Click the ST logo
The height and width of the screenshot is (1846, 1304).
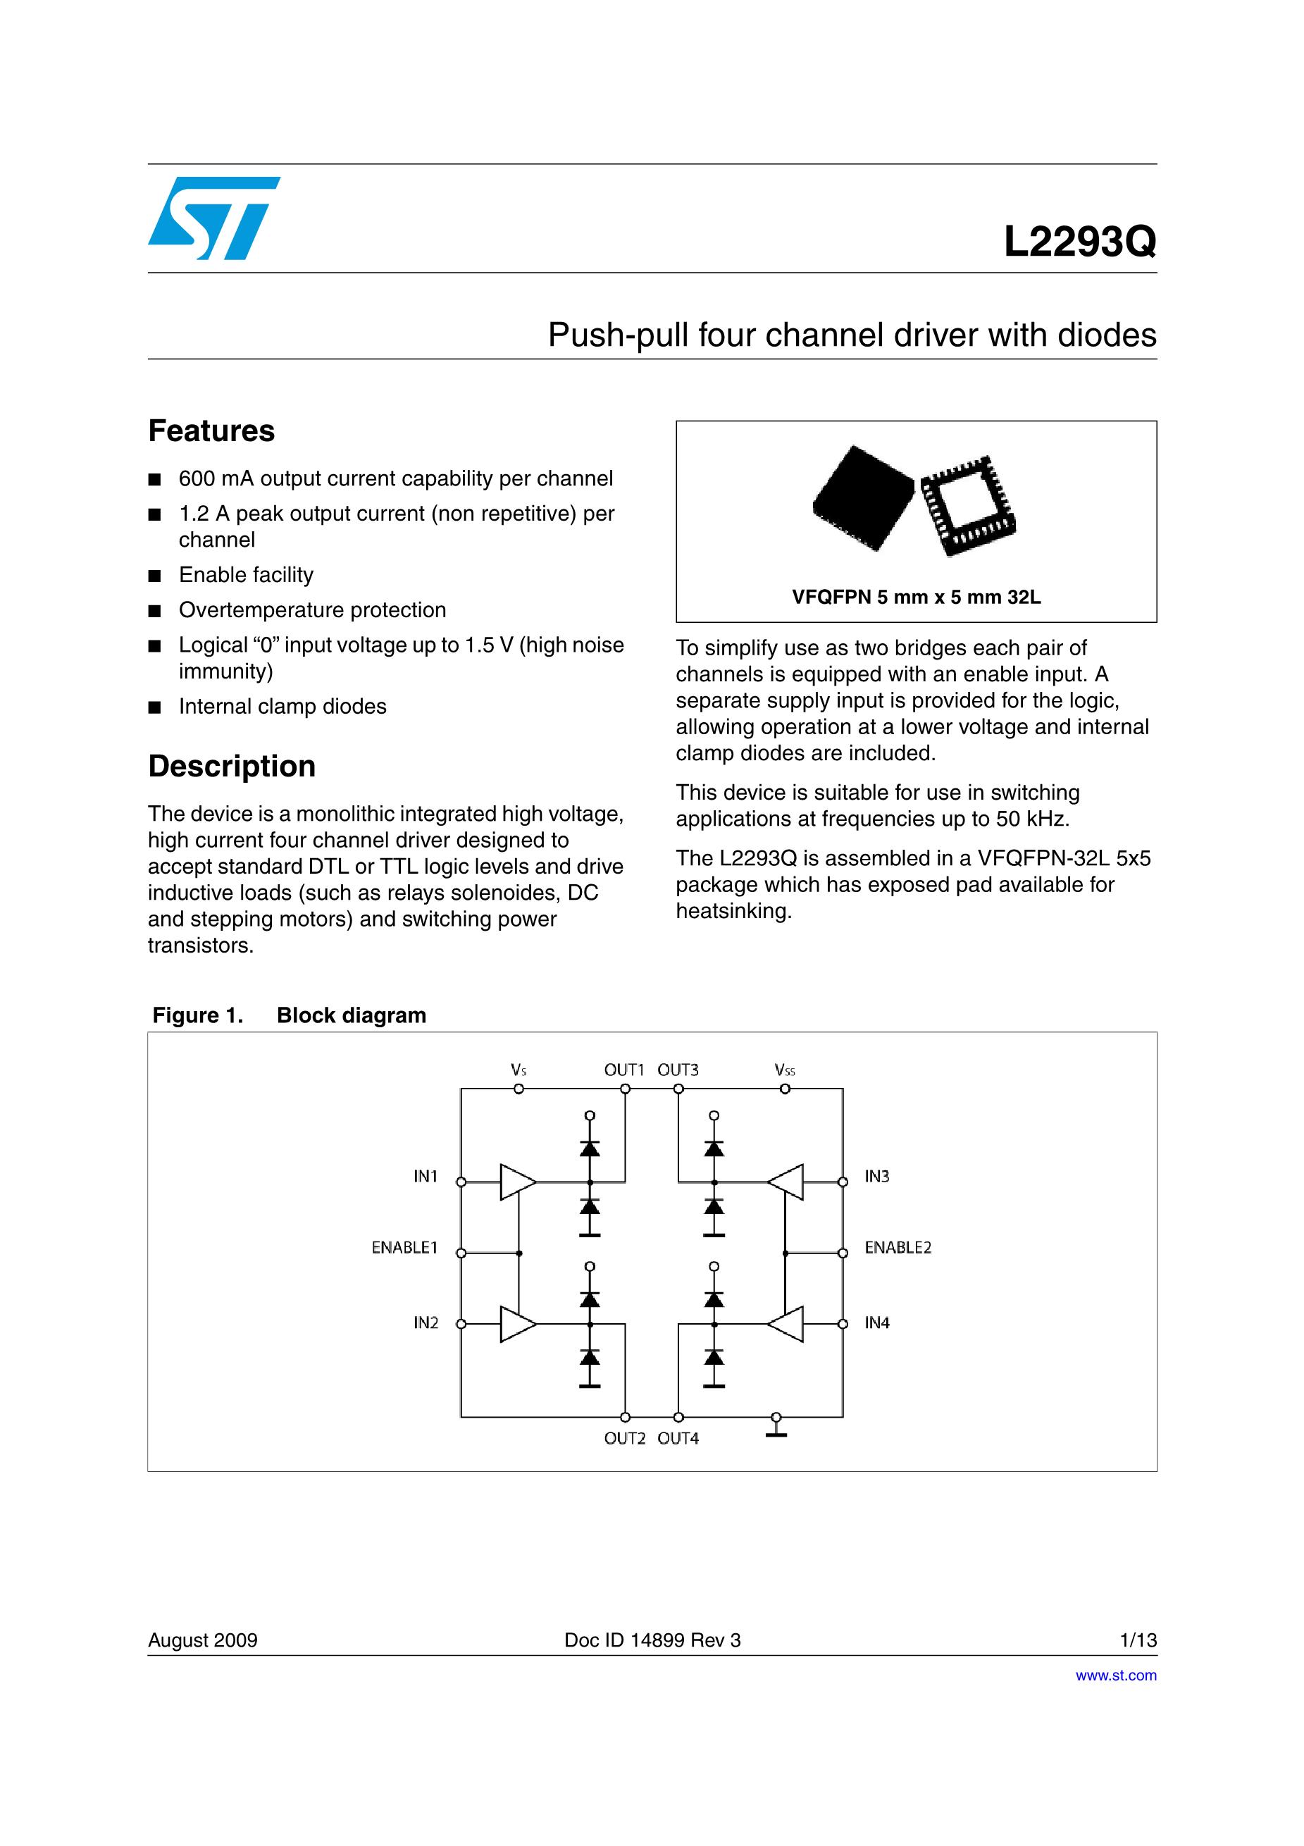213,218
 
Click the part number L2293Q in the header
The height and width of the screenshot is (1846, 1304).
1080,241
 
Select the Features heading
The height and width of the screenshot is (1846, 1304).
211,431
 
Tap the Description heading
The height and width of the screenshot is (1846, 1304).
232,766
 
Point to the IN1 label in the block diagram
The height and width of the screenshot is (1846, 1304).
426,1176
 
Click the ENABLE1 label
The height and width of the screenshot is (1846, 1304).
404,1248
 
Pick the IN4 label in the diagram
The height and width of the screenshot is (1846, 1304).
877,1322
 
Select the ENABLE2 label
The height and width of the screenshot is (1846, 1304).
898,1248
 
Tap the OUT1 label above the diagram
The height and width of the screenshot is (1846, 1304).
625,1070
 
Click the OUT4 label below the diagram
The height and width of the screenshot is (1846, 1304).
678,1438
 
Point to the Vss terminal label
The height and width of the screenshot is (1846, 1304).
785,1070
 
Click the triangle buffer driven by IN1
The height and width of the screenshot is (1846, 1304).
517,1182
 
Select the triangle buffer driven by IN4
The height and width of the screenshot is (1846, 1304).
786,1323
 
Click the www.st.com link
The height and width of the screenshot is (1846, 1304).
1116,1675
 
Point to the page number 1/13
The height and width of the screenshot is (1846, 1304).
1138,1640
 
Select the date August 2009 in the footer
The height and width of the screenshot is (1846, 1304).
203,1640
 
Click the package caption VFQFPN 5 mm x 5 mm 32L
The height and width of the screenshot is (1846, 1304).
916,597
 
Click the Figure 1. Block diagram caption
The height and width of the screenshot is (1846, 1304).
290,1015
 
